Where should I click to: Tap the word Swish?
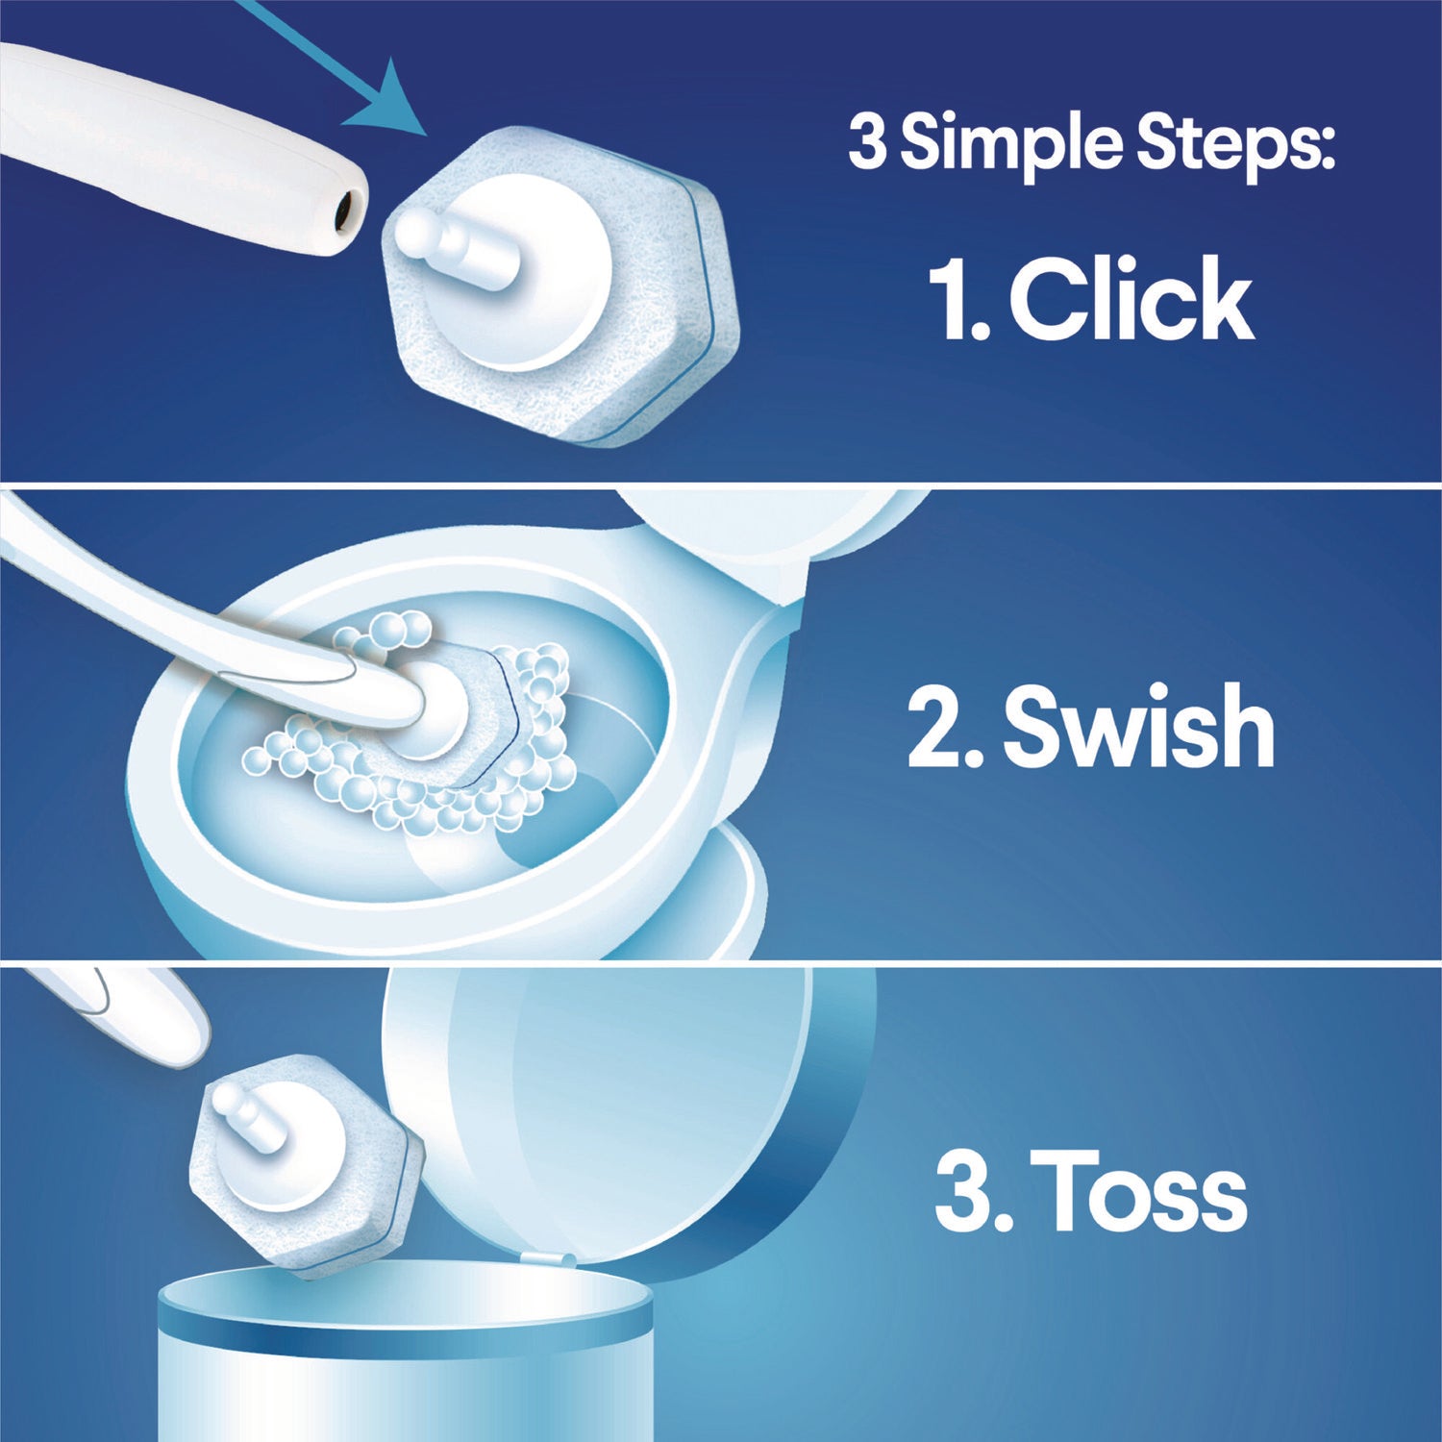pos(1138,727)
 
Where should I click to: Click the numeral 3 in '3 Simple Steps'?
pos(866,143)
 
